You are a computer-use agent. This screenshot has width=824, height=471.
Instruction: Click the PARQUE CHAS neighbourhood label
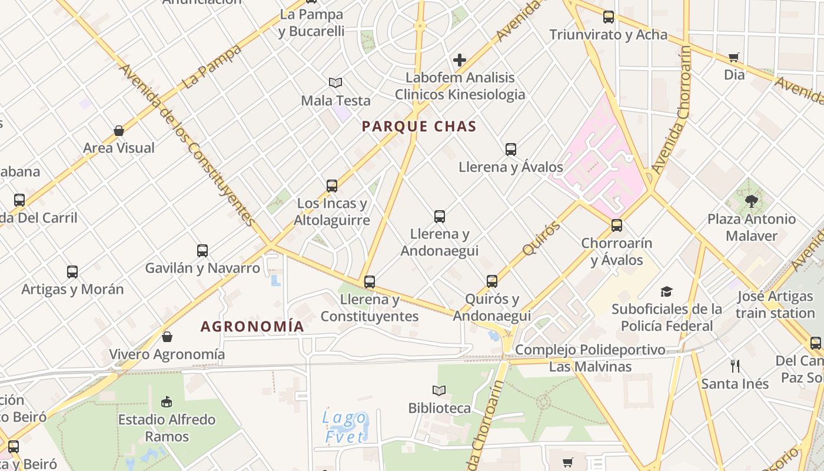pyautogui.click(x=419, y=126)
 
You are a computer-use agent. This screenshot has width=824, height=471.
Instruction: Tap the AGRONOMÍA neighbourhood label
pyautogui.click(x=252, y=326)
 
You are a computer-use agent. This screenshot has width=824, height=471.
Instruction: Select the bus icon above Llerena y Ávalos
pyautogui.click(x=511, y=150)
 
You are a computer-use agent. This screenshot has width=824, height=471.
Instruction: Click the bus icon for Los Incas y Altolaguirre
pyautogui.click(x=332, y=186)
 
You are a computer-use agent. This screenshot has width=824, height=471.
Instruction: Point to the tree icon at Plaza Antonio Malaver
pyautogui.click(x=751, y=201)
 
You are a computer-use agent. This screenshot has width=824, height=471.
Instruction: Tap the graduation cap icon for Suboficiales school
pyautogui.click(x=666, y=291)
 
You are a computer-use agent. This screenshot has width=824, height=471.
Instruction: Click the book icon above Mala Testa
pyautogui.click(x=335, y=83)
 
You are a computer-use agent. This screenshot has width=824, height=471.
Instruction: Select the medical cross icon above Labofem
pyautogui.click(x=460, y=60)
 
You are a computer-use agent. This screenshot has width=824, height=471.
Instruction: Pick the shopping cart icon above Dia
pyautogui.click(x=734, y=58)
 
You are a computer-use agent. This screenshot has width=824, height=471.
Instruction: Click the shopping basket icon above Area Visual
pyautogui.click(x=119, y=130)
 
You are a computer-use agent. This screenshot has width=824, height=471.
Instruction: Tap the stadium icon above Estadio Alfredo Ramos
pyautogui.click(x=167, y=402)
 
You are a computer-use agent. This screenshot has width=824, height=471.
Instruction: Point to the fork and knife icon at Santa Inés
pyautogui.click(x=735, y=366)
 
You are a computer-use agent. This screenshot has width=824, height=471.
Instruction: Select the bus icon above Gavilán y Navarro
pyautogui.click(x=202, y=251)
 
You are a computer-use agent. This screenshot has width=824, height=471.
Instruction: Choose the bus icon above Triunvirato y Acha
pyautogui.click(x=609, y=17)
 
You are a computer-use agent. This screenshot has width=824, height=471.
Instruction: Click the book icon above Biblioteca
pyautogui.click(x=439, y=390)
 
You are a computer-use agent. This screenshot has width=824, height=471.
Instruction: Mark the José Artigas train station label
pyautogui.click(x=775, y=304)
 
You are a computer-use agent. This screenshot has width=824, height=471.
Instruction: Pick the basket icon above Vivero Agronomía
pyautogui.click(x=167, y=337)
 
